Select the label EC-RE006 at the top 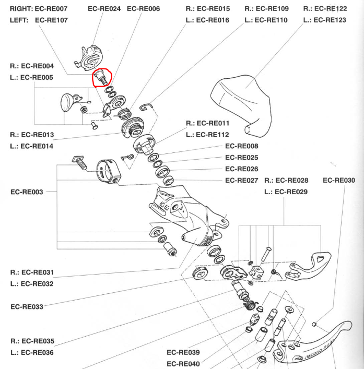coord(143,9)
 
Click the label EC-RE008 coord(241,146)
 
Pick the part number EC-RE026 coord(241,169)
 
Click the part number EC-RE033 coord(27,306)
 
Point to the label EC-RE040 coord(183,363)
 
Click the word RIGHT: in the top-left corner coord(21,9)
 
